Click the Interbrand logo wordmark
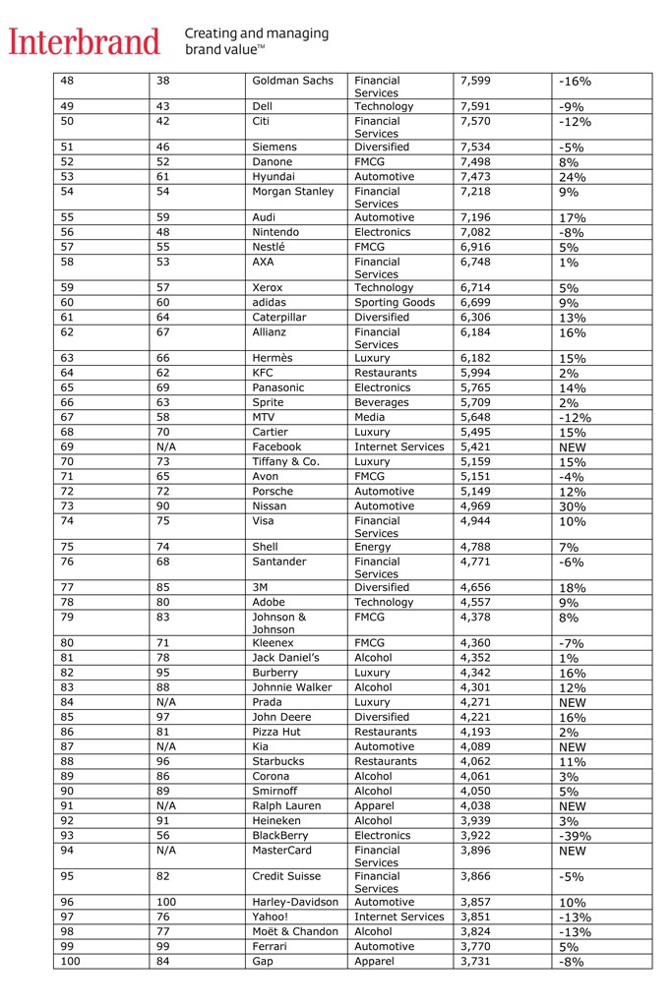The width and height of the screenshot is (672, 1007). coord(84,41)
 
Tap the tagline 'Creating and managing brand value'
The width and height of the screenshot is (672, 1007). coord(257,40)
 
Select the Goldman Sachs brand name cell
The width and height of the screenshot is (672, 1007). coord(293,81)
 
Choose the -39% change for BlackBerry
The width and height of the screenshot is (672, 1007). coord(575,836)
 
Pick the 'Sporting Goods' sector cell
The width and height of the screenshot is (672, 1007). coord(395,303)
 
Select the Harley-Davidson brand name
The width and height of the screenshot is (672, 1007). coord(295,903)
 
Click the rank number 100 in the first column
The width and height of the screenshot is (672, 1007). coord(70,962)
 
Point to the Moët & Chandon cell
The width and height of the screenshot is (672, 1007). coord(295,932)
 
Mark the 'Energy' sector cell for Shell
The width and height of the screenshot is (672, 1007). coord(374,548)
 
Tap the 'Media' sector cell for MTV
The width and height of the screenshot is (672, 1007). coord(370,418)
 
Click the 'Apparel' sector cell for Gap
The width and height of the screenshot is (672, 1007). coord(375,962)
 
